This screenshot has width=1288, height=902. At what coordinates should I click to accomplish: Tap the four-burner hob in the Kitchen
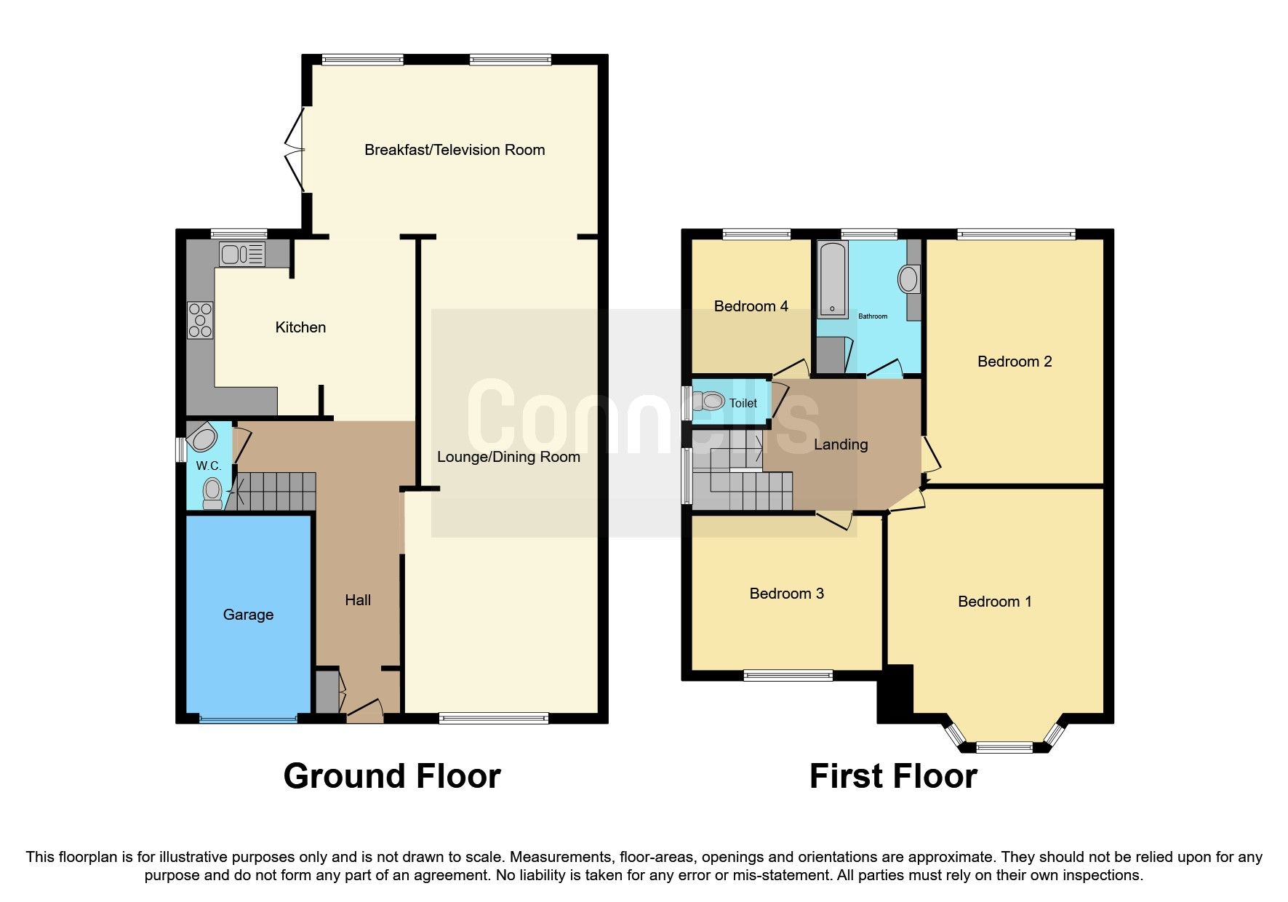(201, 320)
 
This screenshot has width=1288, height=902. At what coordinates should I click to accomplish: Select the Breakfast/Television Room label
(455, 150)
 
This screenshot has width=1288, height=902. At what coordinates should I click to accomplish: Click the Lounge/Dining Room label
(508, 457)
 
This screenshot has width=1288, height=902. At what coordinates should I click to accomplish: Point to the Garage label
(248, 615)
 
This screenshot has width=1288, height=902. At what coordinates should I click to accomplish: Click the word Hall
(358, 600)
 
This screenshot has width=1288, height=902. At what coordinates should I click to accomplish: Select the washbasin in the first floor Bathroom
(909, 279)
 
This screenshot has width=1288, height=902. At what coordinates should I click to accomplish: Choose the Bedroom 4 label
(751, 306)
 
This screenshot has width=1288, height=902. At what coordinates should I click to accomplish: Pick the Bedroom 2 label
(1015, 362)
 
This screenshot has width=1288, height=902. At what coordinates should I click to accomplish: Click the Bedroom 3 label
(786, 594)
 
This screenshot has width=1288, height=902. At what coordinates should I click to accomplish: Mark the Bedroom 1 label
(994, 602)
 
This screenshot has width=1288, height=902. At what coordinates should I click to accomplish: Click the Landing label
(841, 444)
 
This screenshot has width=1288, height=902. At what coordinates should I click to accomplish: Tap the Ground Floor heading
(391, 776)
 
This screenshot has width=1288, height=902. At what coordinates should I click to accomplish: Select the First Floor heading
(892, 776)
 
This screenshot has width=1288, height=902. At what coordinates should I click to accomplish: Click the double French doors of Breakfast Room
(295, 151)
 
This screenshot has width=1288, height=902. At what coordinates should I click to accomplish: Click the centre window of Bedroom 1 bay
(1004, 746)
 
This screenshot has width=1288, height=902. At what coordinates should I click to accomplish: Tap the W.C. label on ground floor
(208, 466)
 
